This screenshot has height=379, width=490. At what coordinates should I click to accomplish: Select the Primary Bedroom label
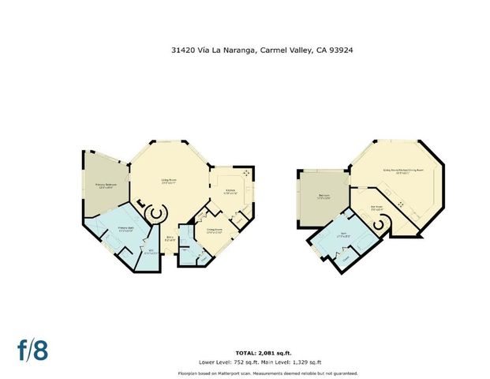coord(100,187)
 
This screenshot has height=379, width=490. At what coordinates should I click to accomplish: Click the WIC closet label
coord(150,253)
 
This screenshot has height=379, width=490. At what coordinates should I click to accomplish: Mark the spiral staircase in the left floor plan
coord(158,212)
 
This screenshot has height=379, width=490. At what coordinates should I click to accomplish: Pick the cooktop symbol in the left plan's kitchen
coord(246,173)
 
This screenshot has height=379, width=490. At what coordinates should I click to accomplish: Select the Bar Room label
coord(377,208)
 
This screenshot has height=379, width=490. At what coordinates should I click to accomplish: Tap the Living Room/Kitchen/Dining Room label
coord(403,170)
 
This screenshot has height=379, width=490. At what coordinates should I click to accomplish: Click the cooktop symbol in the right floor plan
coord(401,204)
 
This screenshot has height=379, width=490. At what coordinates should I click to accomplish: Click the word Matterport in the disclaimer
coord(246,373)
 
